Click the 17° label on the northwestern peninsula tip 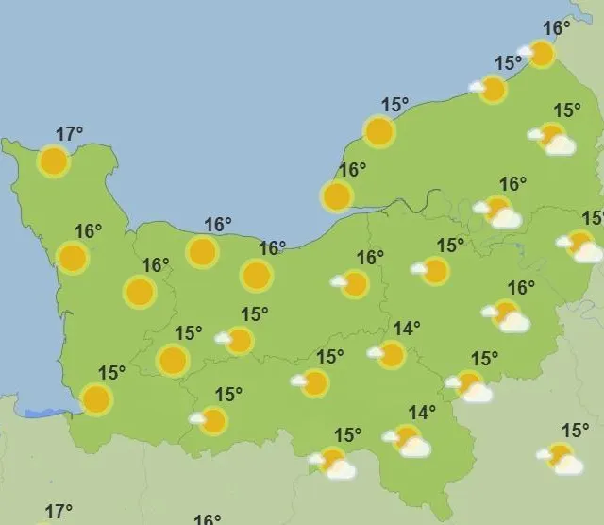(70, 134)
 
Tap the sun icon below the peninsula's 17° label (54, 162)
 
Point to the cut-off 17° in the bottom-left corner (59, 513)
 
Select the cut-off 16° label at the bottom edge (208, 519)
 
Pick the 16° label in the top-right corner (557, 28)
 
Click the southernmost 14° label (422, 412)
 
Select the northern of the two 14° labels (407, 329)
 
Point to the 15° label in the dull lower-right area (575, 430)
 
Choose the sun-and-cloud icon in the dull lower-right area (562, 459)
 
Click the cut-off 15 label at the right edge (594, 218)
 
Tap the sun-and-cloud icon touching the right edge (581, 246)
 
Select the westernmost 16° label (88, 231)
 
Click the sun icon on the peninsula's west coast (72, 257)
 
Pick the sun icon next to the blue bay (96, 399)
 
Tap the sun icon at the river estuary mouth (337, 196)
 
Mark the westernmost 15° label (111, 372)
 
